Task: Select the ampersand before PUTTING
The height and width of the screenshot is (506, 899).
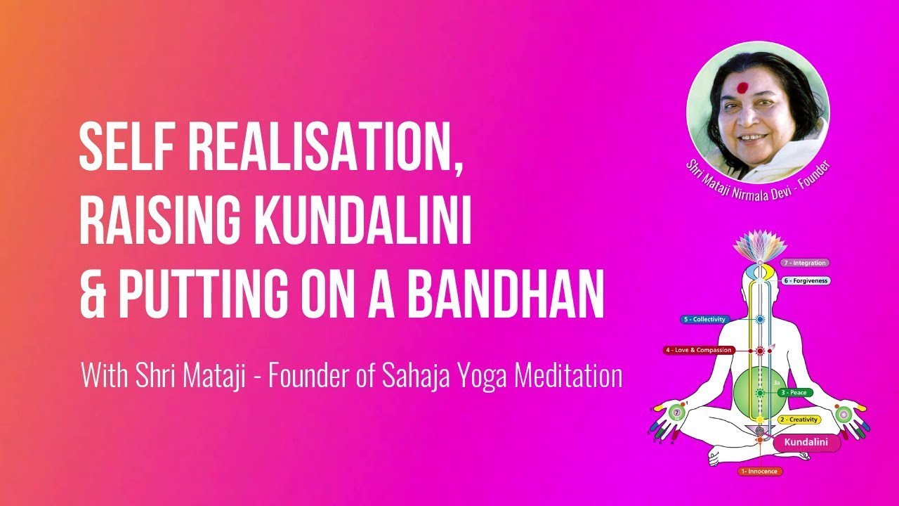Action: click(93, 294)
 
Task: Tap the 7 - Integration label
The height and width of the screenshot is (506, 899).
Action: click(805, 263)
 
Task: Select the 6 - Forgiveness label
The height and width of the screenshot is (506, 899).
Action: click(806, 280)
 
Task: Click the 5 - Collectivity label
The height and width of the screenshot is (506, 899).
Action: click(704, 319)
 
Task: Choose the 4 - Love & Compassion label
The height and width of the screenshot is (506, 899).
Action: click(699, 350)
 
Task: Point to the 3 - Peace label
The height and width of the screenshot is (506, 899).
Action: click(795, 392)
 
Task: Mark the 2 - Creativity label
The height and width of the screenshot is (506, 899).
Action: click(799, 420)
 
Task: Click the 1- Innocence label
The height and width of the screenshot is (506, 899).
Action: click(760, 472)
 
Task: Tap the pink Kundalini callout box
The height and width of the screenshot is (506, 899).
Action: click(806, 443)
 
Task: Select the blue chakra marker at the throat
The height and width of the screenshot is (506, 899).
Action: click(760, 320)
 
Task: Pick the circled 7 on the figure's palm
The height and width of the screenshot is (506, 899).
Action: click(677, 413)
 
